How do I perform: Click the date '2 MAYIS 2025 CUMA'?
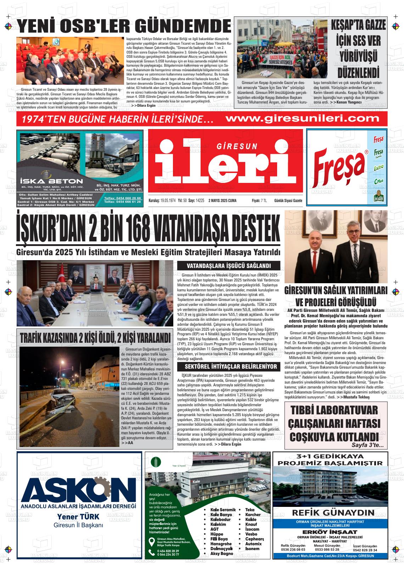[222, 201]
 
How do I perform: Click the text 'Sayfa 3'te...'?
[367, 445]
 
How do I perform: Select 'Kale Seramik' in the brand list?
[223, 510]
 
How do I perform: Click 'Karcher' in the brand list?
[253, 515]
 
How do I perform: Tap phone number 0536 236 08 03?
[293, 550]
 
